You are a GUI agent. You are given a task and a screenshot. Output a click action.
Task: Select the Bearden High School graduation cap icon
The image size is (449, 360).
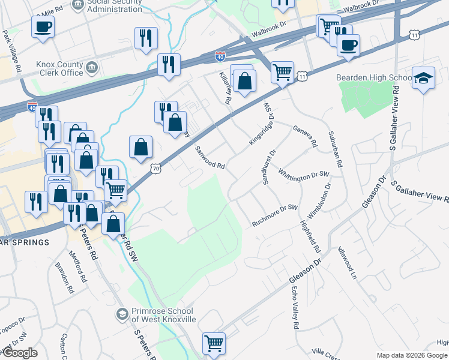[x=423, y=78]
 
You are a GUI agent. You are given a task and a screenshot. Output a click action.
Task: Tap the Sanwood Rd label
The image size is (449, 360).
[x=209, y=158]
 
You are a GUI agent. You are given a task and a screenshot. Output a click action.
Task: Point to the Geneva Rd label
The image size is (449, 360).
[x=304, y=137]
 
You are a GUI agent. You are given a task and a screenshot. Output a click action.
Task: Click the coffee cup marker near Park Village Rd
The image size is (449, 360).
[x=43, y=26]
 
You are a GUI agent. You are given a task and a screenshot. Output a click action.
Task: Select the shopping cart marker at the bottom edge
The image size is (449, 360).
[x=214, y=343]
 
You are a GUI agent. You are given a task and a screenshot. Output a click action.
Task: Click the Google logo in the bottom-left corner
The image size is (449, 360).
[x=20, y=353]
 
